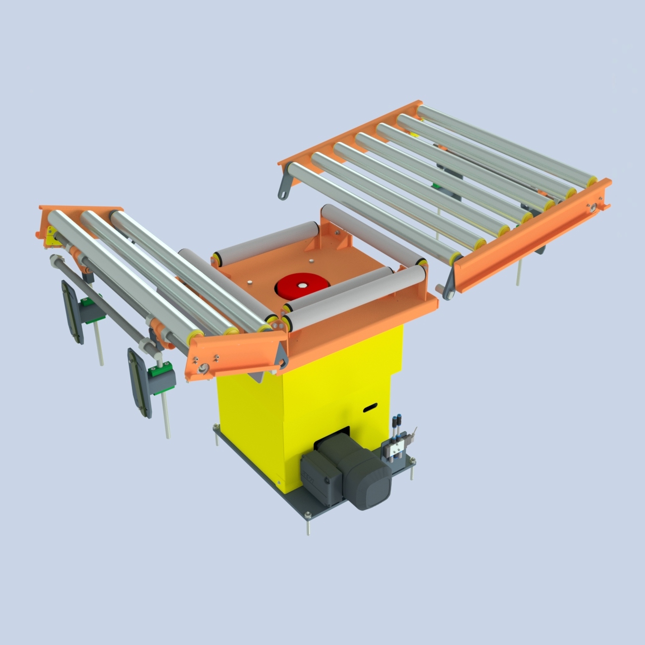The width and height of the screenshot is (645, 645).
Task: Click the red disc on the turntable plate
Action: (302, 286)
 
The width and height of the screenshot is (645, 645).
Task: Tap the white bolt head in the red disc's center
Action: (302, 285)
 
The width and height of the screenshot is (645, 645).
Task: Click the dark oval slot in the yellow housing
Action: (370, 408)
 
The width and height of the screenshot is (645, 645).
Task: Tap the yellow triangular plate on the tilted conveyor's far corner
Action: (50, 236)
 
